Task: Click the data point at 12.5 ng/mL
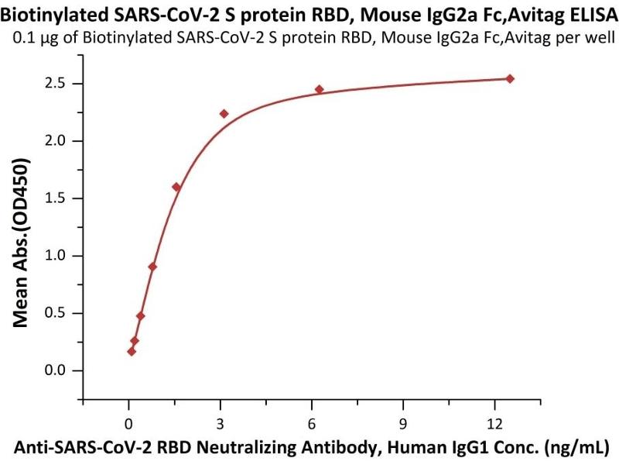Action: (x=510, y=78)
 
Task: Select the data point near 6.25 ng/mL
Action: (x=319, y=89)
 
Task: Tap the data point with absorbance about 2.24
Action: (x=224, y=114)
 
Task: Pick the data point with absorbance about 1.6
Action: (x=176, y=187)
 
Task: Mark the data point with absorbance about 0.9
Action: (x=152, y=267)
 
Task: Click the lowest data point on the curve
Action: (x=132, y=351)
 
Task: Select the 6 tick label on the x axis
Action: (x=312, y=423)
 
